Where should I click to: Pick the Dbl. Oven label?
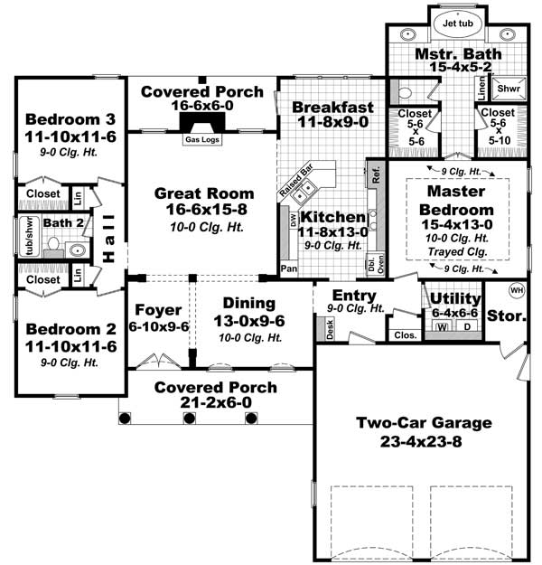click(x=373, y=265)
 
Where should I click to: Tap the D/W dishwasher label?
click(x=293, y=220)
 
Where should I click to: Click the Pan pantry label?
click(x=289, y=268)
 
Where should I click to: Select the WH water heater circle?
click(x=517, y=290)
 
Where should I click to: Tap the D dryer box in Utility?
click(x=467, y=326)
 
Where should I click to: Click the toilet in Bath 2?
click(x=52, y=244)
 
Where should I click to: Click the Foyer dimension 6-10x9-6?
click(x=158, y=326)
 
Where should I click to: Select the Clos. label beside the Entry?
click(x=404, y=334)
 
